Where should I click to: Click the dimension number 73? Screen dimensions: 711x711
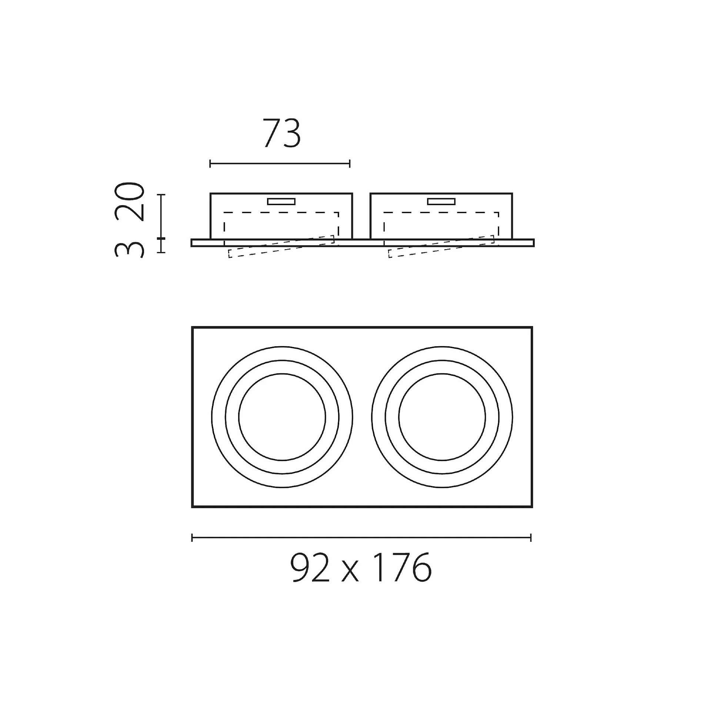pos(282,133)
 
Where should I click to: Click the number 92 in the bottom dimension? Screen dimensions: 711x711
pos(310,568)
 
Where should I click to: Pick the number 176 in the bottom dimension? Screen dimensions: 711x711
pos(403,568)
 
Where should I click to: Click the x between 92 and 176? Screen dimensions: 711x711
pos(350,573)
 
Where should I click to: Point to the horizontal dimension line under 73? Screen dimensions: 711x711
pos(280,163)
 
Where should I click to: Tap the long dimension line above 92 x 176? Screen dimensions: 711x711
pos(361,537)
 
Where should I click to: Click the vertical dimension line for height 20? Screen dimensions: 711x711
pos(161,216)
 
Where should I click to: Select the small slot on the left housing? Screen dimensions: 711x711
pos(281,201)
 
